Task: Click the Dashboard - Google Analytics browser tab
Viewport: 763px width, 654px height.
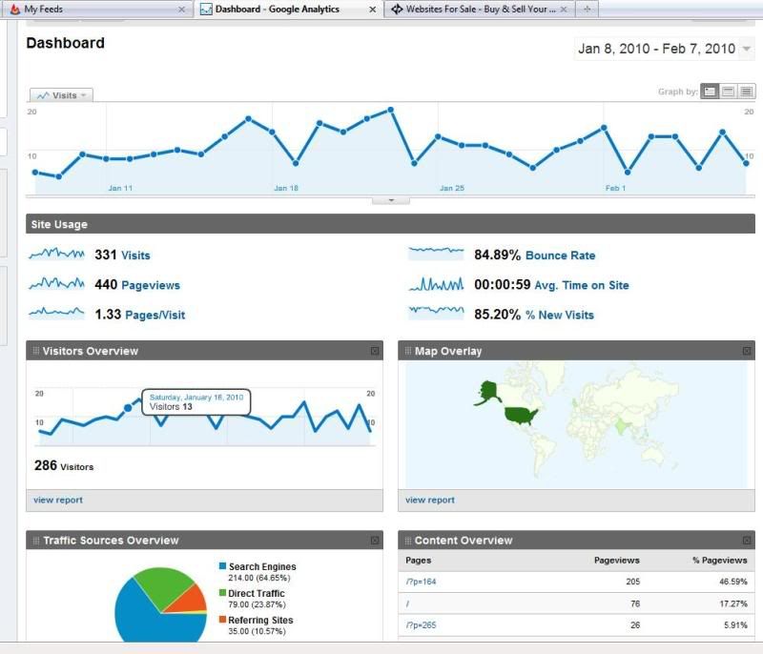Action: tap(277, 9)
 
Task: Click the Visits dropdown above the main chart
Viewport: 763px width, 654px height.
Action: tap(61, 95)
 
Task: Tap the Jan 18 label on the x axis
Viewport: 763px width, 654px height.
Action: tap(286, 189)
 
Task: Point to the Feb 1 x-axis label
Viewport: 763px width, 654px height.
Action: tap(616, 189)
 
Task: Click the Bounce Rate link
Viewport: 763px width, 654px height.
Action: tap(560, 255)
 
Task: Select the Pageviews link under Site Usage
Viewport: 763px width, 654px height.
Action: tap(150, 285)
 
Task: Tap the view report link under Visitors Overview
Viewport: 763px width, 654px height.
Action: tap(58, 500)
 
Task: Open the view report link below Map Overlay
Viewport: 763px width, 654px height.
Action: tap(430, 500)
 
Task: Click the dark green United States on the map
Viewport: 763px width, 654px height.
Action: tap(521, 415)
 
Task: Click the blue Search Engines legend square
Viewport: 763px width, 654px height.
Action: tap(222, 566)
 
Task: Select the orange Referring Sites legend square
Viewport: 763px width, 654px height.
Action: tap(222, 620)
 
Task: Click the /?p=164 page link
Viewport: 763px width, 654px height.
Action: tap(421, 582)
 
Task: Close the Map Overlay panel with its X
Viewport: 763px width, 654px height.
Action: tap(747, 351)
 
